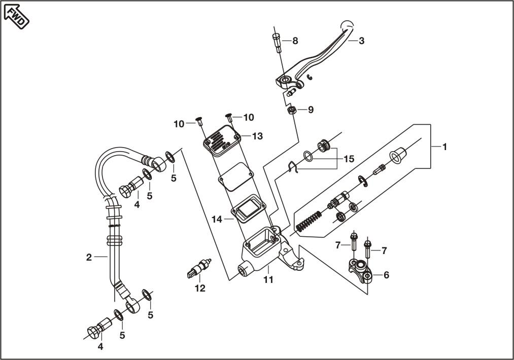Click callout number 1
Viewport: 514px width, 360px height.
coord(444,147)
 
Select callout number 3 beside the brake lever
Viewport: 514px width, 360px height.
coord(361,41)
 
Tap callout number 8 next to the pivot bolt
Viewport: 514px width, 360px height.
coord(295,41)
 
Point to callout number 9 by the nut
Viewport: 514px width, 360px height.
coord(311,110)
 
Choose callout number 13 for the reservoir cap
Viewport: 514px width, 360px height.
coord(258,136)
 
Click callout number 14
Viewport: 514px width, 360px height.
coord(217,220)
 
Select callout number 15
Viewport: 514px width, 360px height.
coord(349,159)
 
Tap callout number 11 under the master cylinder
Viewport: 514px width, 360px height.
coord(268,280)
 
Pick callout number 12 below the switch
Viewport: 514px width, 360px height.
coord(200,289)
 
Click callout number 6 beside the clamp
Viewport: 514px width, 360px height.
coord(386,275)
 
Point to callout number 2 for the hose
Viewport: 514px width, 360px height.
coord(89,258)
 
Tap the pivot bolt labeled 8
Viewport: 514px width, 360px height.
coord(278,43)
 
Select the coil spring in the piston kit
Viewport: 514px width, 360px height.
coord(309,222)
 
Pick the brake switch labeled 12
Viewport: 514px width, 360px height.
coord(199,267)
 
